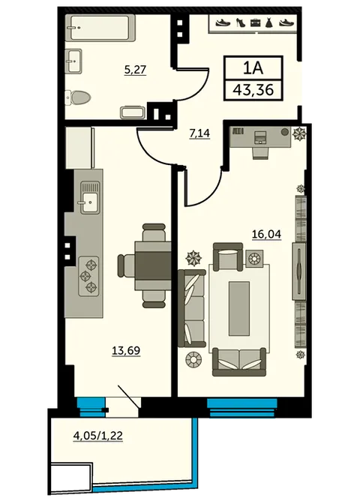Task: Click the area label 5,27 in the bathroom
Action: pos(135,70)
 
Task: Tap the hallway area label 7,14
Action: pos(199,133)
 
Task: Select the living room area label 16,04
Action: pos(266,234)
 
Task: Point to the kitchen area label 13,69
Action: pos(126,350)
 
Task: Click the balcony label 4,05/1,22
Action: pos(98,436)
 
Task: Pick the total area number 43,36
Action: pos(253,89)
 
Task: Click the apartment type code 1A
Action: pos(253,67)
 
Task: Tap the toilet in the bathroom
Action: pos(78,97)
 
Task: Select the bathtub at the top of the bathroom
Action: pos(100,28)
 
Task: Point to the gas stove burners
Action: pos(88,276)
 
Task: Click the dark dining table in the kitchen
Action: pos(153,266)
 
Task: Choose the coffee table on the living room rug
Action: pos(238,308)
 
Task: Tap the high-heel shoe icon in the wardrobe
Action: pos(240,22)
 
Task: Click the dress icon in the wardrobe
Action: pos(268,22)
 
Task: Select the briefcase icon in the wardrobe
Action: pos(255,22)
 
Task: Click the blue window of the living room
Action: pos(242,407)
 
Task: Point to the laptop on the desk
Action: pos(260,137)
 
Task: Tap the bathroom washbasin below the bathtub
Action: pos(73,61)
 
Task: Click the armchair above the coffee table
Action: pos(228,256)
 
